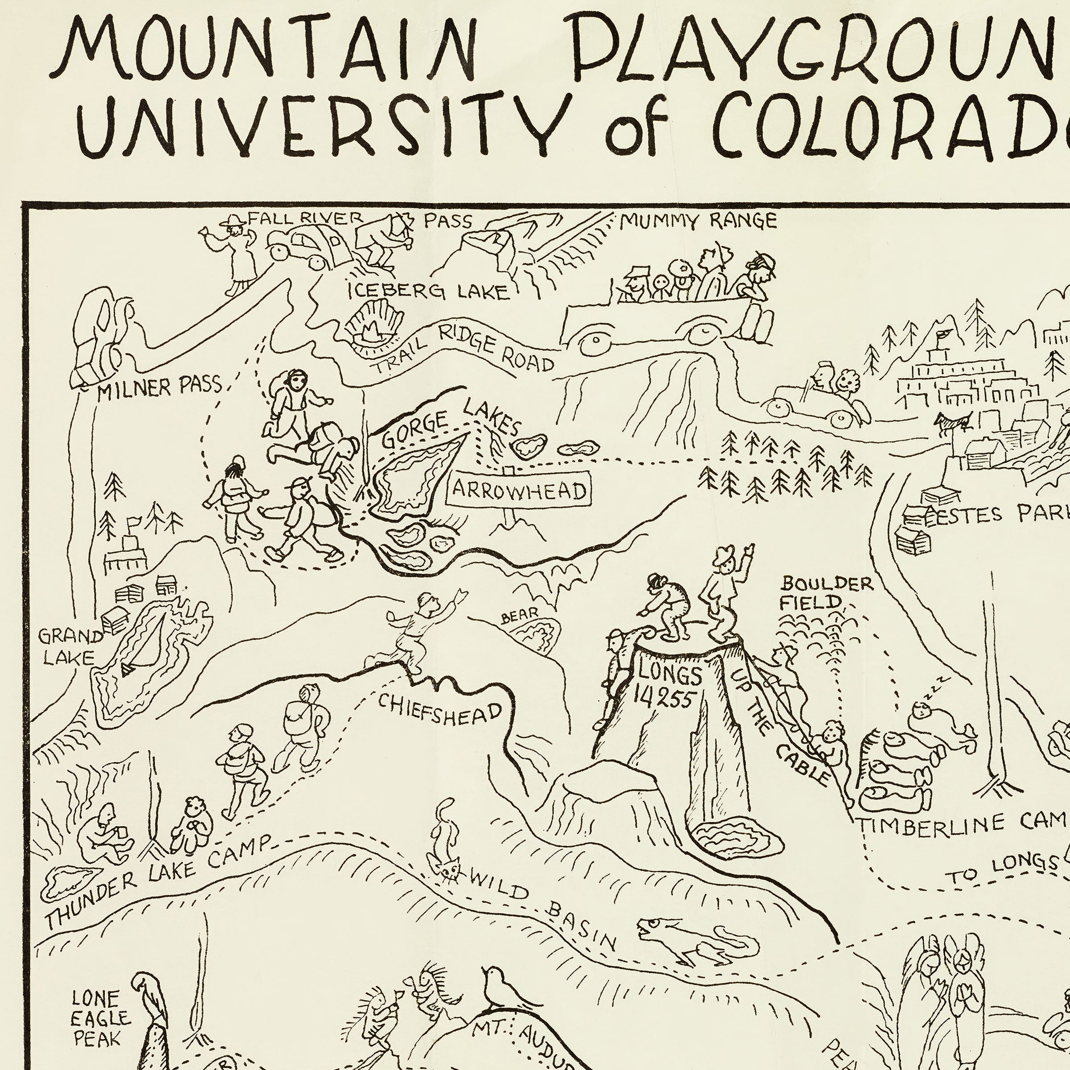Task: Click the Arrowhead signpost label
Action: (x=519, y=490)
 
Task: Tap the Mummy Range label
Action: (x=698, y=222)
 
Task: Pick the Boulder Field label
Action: (x=826, y=593)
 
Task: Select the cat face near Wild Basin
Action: (x=450, y=871)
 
